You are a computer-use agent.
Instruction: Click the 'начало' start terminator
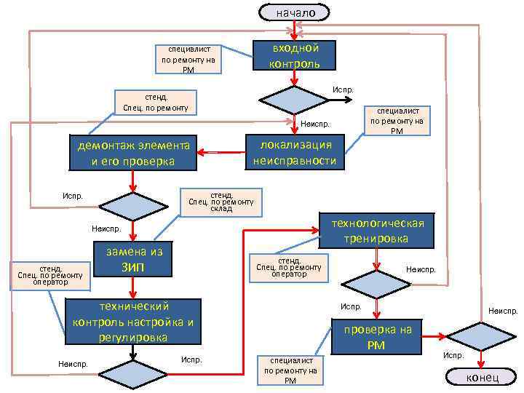click(294, 12)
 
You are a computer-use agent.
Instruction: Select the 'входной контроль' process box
click(294, 55)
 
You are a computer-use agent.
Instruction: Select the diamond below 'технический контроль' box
click(132, 376)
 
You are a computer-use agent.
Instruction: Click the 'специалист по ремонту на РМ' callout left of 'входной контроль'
click(188, 60)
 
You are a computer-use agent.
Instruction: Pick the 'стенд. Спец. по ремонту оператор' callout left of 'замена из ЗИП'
click(49, 275)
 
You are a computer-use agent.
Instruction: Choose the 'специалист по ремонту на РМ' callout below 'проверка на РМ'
click(290, 370)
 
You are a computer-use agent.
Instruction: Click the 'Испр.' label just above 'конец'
click(453, 356)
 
